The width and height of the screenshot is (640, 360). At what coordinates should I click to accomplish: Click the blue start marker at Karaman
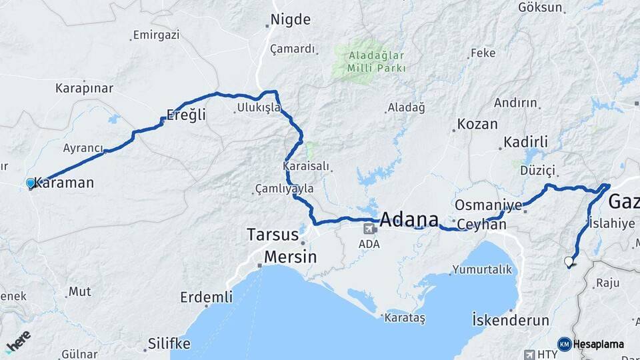(30, 183)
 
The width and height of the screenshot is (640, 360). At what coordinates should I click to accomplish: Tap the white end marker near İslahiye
(569, 261)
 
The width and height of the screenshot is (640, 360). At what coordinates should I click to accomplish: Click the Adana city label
(409, 219)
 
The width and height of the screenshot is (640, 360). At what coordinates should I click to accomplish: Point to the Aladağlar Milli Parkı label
(368, 62)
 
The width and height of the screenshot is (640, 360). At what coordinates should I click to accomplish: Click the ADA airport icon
(368, 229)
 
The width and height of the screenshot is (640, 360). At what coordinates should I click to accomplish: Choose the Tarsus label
(272, 235)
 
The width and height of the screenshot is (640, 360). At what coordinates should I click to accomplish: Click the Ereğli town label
(186, 115)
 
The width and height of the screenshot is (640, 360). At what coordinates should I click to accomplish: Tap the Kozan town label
(477, 125)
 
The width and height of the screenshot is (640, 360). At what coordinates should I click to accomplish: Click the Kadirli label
(525, 142)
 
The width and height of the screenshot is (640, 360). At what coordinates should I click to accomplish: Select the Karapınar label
(84, 88)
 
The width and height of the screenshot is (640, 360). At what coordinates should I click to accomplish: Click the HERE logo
(18, 342)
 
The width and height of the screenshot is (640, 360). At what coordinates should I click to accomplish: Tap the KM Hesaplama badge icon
(564, 344)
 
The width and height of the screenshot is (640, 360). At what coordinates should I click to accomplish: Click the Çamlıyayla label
(285, 189)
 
